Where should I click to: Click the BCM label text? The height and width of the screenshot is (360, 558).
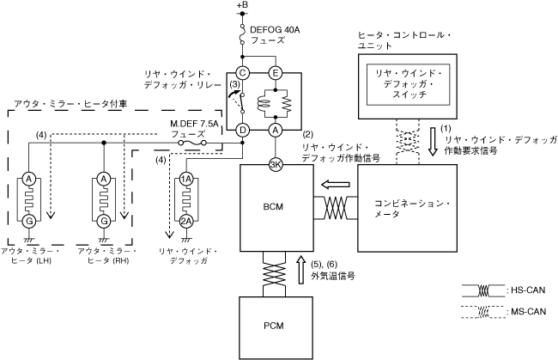pyautogui.click(x=273, y=207)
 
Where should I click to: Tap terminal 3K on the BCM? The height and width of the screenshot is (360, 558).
pyautogui.click(x=276, y=165)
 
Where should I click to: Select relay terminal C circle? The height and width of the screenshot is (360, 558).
pyautogui.click(x=243, y=73)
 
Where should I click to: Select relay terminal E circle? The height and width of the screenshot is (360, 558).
pyautogui.click(x=276, y=73)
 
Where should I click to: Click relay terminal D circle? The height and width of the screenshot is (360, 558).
pyautogui.click(x=243, y=131)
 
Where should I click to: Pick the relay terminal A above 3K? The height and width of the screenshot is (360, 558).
pyautogui.click(x=276, y=131)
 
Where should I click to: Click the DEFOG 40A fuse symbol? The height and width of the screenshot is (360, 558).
pyautogui.click(x=243, y=34)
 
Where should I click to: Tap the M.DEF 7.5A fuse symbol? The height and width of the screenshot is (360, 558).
pyautogui.click(x=192, y=143)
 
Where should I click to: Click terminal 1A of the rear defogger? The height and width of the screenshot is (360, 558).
pyautogui.click(x=185, y=179)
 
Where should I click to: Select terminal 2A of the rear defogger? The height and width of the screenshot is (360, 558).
pyautogui.click(x=185, y=222)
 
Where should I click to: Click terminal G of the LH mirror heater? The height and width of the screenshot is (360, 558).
pyautogui.click(x=29, y=222)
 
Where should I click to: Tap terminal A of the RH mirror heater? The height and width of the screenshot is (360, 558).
pyautogui.click(x=104, y=179)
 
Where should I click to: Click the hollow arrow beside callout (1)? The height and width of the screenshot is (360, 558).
pyautogui.click(x=433, y=142)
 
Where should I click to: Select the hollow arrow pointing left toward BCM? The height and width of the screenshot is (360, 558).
pyautogui.click(x=335, y=185)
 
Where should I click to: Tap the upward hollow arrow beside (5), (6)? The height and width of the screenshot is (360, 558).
pyautogui.click(x=301, y=269)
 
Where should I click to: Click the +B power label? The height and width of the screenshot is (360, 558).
pyautogui.click(x=242, y=5)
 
